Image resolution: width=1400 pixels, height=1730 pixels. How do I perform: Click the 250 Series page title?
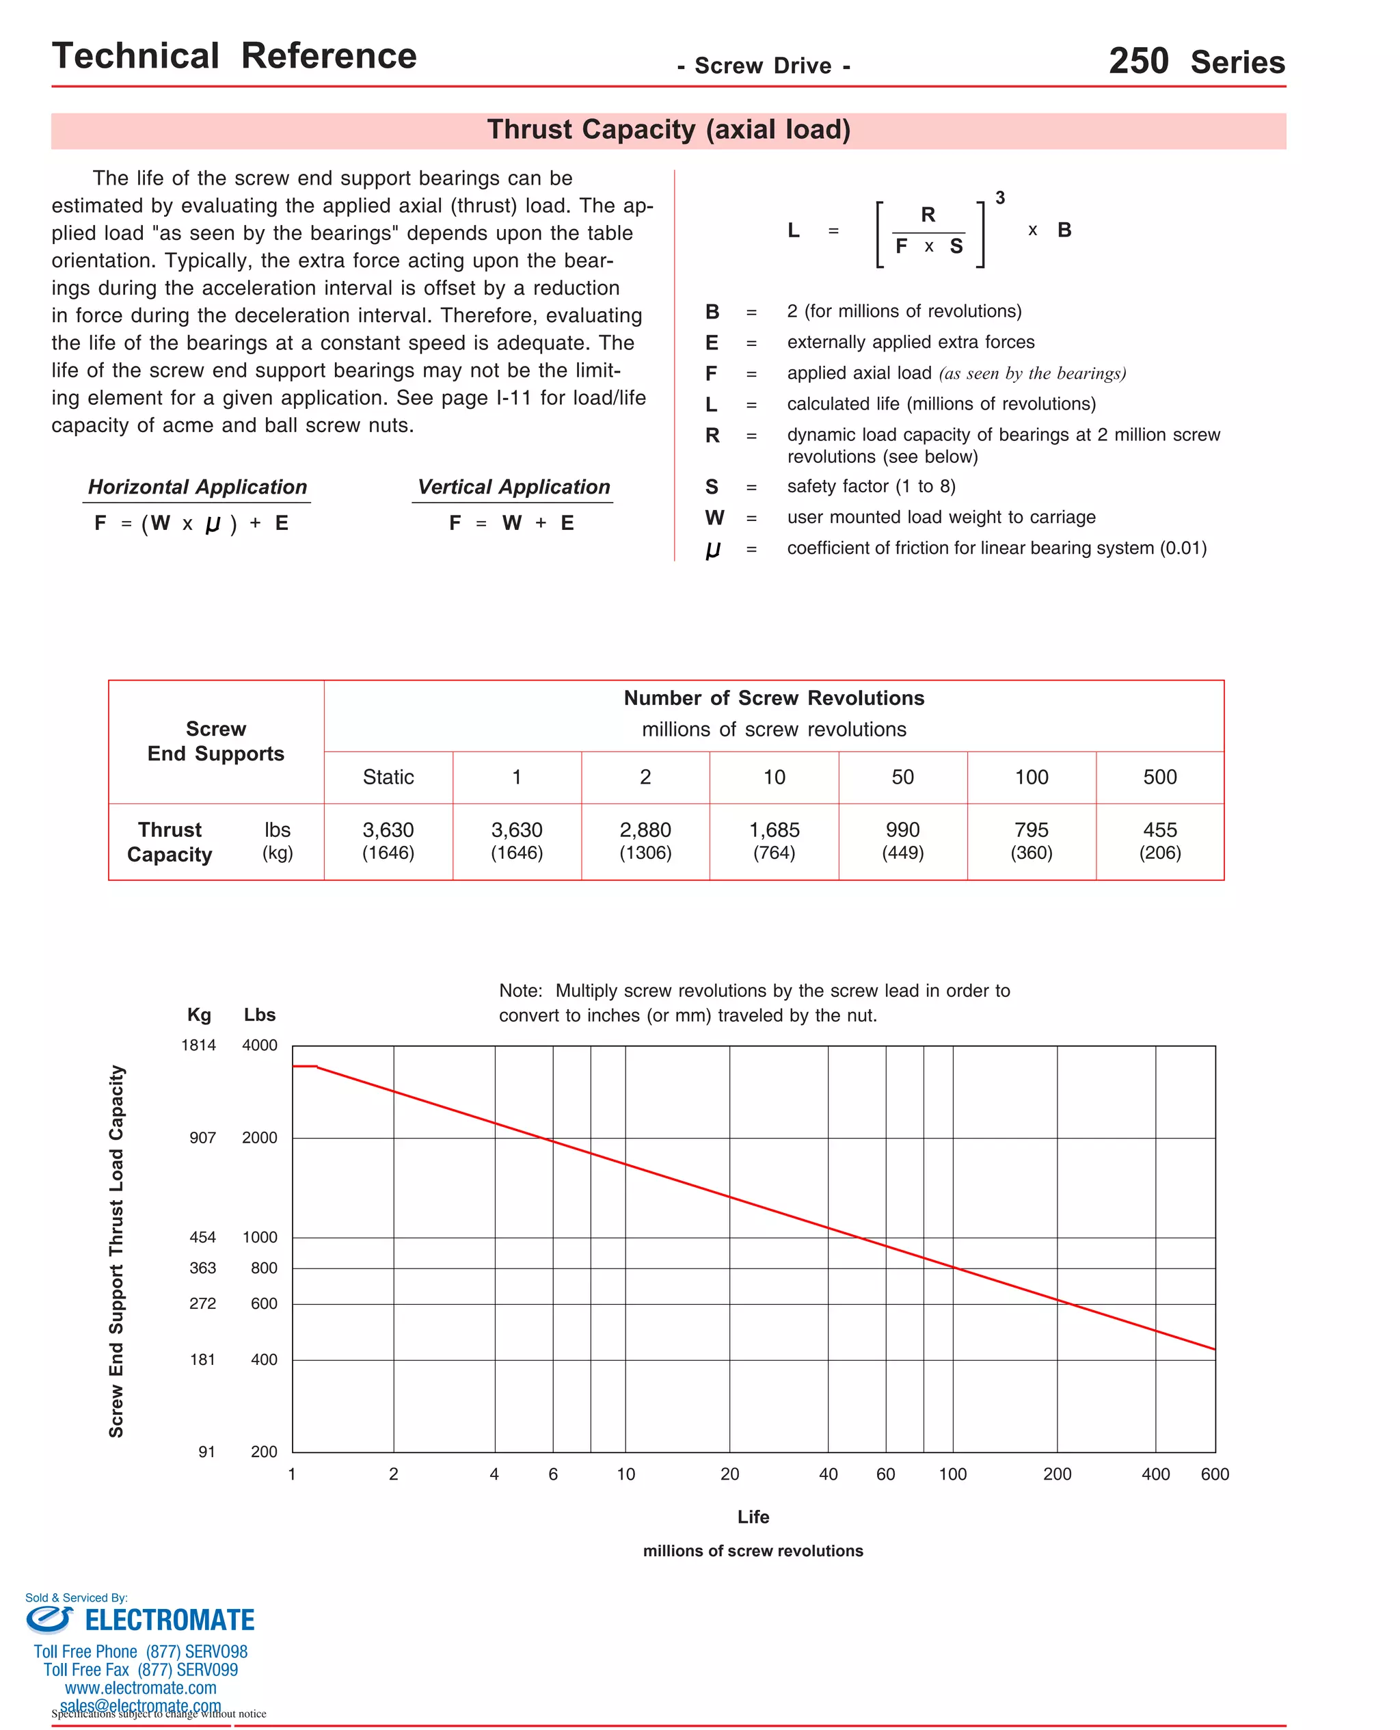pos(1196,62)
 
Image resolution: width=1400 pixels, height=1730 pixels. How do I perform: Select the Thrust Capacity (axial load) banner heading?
pos(669,130)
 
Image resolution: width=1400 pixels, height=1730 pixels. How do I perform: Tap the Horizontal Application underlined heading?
pos(198,487)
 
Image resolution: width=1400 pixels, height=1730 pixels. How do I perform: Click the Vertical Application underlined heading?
pos(513,487)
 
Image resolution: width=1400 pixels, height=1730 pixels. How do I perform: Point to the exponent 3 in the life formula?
pos(1000,198)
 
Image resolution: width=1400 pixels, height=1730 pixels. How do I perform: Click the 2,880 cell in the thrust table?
pos(645,830)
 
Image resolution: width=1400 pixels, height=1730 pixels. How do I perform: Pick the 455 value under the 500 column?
pos(1159,830)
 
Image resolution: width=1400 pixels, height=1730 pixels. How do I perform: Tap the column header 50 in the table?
pos(902,777)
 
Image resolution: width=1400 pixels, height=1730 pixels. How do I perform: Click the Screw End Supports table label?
pos(216,741)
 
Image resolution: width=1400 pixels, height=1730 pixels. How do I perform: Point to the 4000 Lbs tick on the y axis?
pos(260,1046)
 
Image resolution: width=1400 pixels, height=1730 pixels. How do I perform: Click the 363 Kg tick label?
pos(202,1268)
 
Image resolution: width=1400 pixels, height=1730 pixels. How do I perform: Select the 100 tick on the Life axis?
pos(952,1474)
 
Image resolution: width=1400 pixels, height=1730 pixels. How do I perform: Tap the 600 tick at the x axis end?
pos(1215,1474)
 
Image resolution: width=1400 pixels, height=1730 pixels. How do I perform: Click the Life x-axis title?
pos(753,1517)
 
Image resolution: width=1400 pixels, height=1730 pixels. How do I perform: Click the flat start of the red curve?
pos(304,1066)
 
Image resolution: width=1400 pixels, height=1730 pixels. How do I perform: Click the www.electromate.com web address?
pos(141,1688)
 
